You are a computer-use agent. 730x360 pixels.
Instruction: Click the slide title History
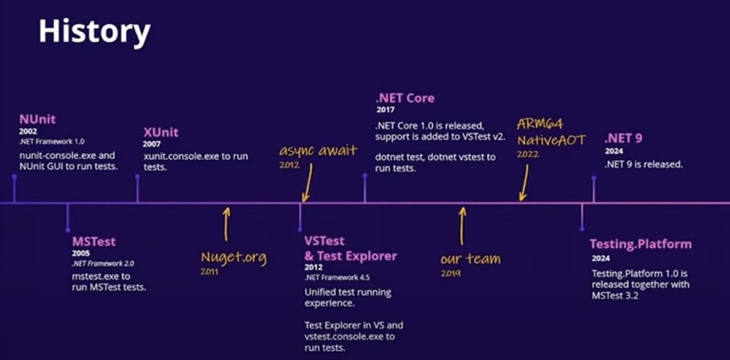coord(95,33)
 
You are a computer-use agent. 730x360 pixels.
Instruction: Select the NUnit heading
coord(38,119)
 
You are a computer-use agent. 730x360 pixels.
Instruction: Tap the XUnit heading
coord(161,132)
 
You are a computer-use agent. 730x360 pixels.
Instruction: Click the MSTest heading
coord(94,241)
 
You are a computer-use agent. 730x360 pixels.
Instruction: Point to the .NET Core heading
coord(405,98)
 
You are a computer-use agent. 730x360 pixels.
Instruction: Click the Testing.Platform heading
coord(640,244)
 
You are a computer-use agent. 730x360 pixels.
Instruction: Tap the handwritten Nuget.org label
coord(234,257)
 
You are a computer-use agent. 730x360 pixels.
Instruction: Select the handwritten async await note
coord(318,150)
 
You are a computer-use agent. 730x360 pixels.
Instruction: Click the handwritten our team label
coord(470,259)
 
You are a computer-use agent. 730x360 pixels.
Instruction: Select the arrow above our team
coord(462,224)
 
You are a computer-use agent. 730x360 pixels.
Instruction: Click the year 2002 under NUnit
coord(27,131)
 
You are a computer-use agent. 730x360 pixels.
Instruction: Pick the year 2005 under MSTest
coord(80,253)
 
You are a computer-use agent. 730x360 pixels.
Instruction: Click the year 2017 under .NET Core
coord(383,110)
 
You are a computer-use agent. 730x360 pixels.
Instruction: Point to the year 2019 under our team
coord(450,273)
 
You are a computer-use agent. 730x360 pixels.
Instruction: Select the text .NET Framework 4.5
coord(330,277)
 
